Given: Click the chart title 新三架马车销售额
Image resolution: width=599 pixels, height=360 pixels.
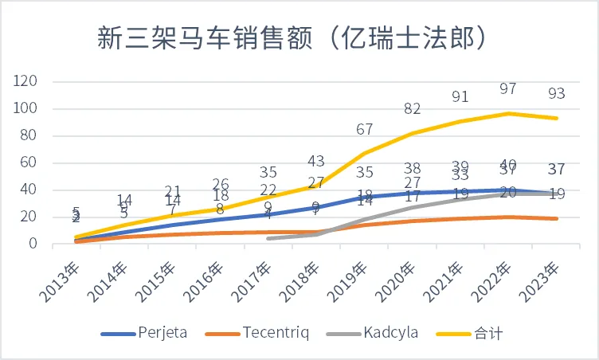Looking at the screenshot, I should [292, 37].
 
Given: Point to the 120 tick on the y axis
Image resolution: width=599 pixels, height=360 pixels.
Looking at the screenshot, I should [27, 81].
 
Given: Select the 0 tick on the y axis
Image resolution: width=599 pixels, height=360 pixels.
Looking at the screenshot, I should [34, 244].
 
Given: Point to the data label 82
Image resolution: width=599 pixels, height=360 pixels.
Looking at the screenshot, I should [412, 108].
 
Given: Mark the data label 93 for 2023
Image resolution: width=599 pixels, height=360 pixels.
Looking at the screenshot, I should [557, 93].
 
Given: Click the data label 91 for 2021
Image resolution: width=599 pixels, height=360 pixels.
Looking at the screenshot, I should [460, 96].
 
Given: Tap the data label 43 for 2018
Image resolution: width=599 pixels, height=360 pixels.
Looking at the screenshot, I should [316, 161].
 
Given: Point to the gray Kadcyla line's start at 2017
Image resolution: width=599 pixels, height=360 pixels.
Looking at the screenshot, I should [268, 238].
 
